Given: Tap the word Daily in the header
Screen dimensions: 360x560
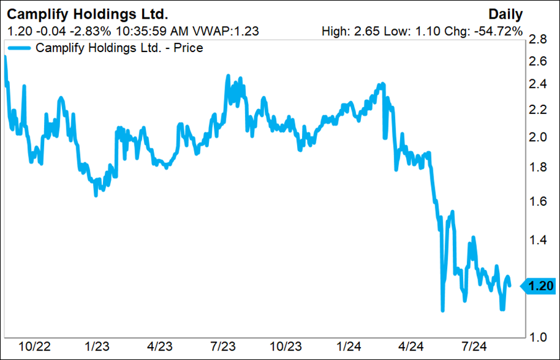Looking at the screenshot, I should tap(505, 14).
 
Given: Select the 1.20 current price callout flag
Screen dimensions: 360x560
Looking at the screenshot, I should tap(537, 286).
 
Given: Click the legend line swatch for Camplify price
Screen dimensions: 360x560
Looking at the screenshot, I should tap(19, 48).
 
